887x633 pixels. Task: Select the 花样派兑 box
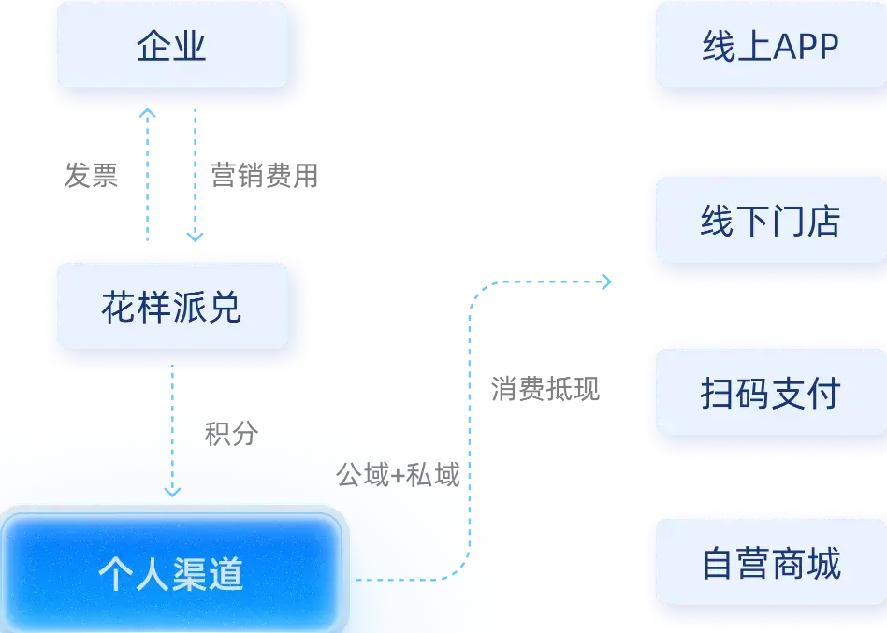tap(170, 307)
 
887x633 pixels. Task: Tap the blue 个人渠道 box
tap(171, 571)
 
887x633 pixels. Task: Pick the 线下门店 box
tap(770, 222)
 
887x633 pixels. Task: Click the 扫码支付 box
tap(770, 394)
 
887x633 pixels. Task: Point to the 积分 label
tap(230, 435)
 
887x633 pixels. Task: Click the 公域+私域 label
tap(398, 476)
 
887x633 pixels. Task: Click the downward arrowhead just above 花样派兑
tap(194, 237)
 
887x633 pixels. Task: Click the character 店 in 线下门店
tap(823, 222)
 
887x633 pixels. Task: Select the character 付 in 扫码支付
tap(823, 394)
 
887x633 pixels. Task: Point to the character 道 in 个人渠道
tap(226, 573)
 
